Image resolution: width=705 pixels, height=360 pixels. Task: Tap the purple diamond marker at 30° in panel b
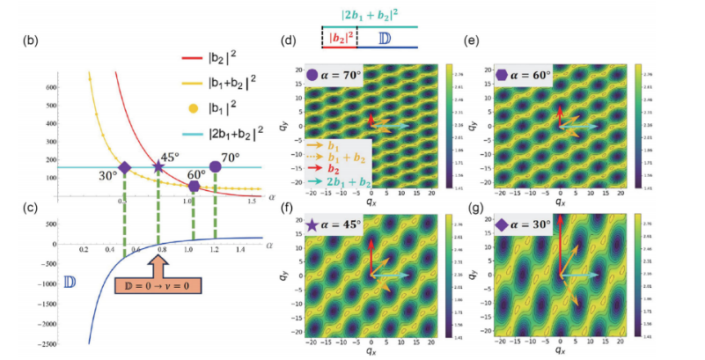(124, 167)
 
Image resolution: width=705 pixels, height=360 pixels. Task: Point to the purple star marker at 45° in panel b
(158, 166)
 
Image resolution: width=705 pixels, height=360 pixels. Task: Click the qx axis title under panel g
(561, 350)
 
